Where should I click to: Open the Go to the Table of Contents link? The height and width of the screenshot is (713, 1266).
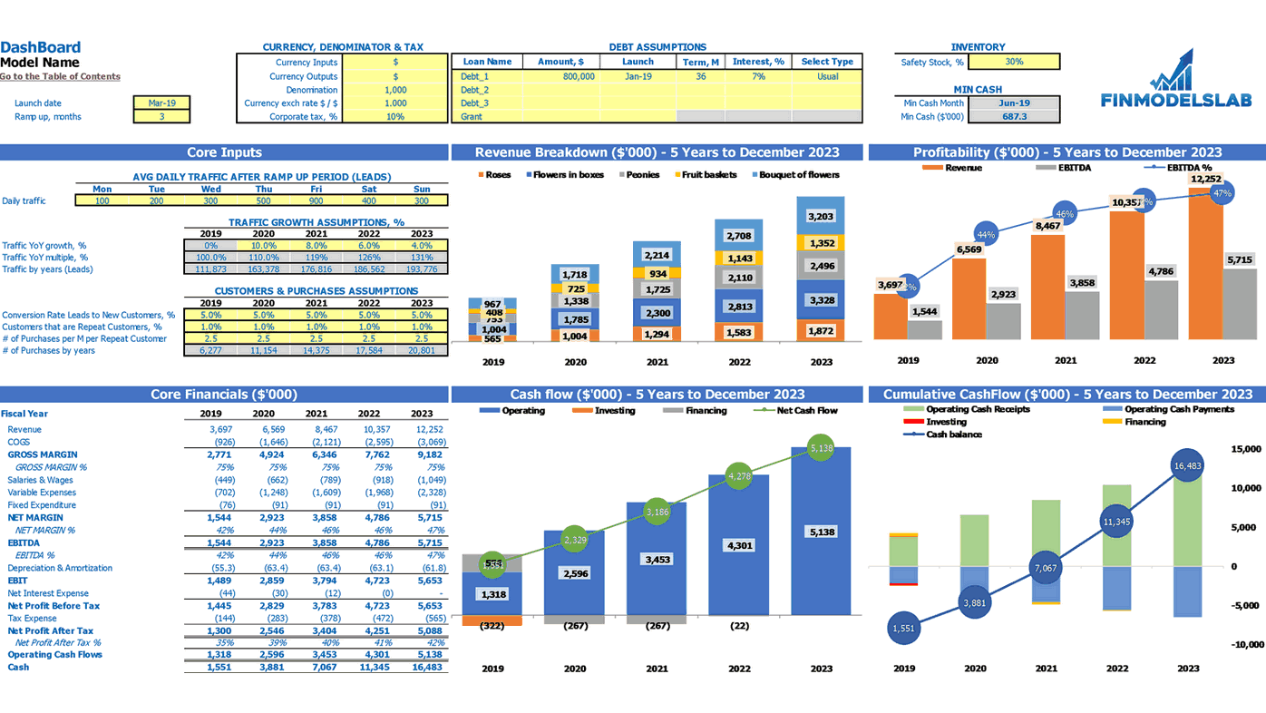(x=60, y=76)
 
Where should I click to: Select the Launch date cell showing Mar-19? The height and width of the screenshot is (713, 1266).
(x=161, y=103)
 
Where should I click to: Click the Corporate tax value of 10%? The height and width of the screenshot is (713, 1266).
(x=395, y=116)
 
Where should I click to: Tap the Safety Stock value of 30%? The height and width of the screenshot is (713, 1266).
(x=1014, y=62)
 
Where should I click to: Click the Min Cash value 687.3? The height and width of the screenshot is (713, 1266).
(x=1014, y=116)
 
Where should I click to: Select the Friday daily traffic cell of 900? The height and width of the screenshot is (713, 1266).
(x=316, y=200)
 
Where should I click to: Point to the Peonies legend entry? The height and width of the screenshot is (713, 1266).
(x=639, y=175)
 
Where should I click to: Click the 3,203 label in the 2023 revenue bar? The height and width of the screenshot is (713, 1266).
(x=821, y=217)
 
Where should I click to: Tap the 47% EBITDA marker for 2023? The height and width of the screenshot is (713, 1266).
(x=1222, y=193)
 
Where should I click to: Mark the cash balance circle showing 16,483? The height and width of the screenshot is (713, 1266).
(x=1187, y=466)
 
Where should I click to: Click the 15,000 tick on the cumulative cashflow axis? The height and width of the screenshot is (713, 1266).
(x=1245, y=449)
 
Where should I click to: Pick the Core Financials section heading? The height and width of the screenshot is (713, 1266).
(x=224, y=395)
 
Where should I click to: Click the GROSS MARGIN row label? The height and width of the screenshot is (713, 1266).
(x=42, y=454)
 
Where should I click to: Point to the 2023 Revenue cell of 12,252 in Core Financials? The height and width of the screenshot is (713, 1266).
(x=429, y=429)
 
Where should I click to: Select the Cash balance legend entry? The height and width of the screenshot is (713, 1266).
(x=953, y=435)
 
